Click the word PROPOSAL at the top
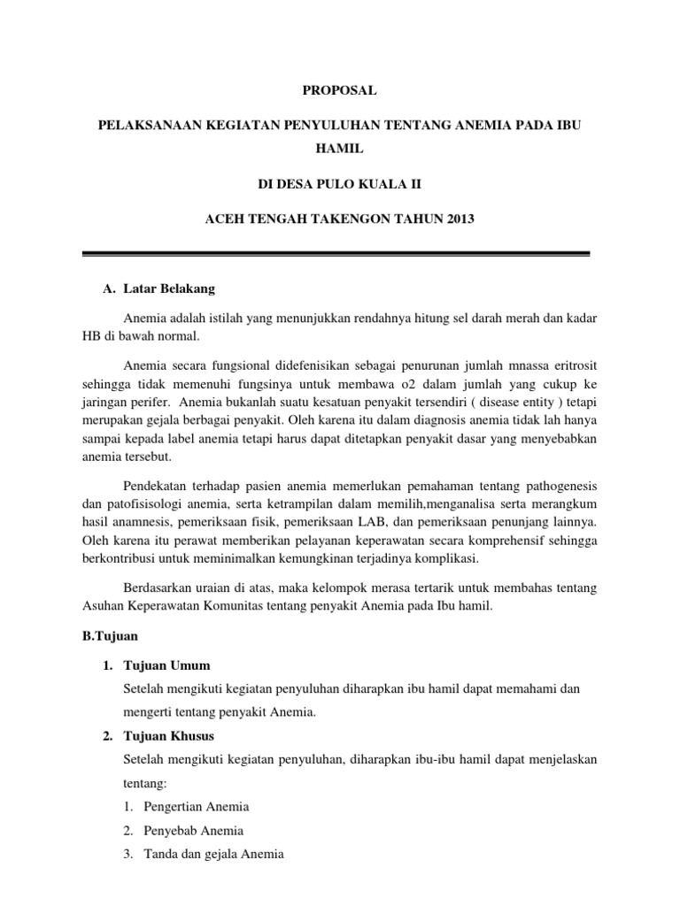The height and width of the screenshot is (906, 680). tap(339, 90)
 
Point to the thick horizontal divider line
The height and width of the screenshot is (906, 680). tap(335, 255)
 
